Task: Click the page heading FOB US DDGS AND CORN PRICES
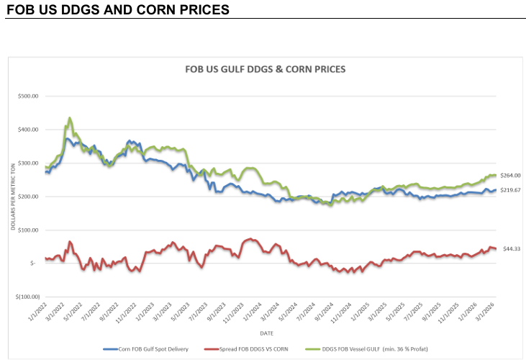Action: (117, 10)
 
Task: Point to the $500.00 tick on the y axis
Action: (27, 96)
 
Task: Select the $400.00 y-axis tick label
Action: (27, 130)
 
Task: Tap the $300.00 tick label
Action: (27, 163)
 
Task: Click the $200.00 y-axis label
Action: (27, 197)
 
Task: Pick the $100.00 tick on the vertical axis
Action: (27, 230)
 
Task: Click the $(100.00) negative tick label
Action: (26, 296)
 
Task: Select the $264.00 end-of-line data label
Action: (510, 176)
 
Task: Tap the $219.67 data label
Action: (510, 189)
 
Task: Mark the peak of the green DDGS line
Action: (70, 117)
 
